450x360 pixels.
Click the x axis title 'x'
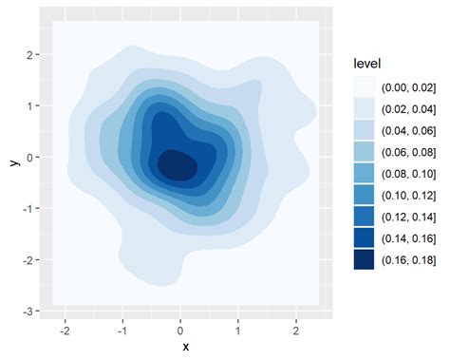(x=185, y=346)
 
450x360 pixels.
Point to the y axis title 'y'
(x=13, y=161)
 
